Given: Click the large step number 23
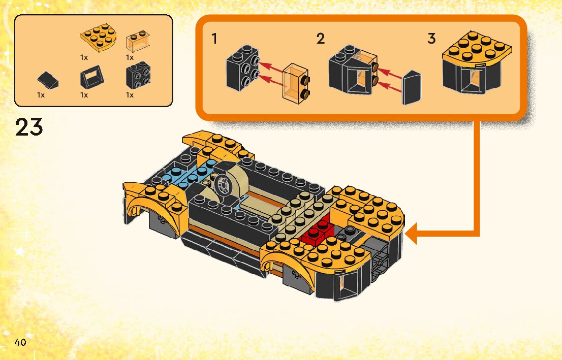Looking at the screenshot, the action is (x=29, y=127).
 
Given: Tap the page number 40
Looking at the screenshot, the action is (x=20, y=342).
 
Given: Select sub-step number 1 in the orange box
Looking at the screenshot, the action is (x=215, y=38).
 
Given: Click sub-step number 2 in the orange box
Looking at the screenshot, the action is (x=320, y=39).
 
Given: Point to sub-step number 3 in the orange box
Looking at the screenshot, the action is (x=431, y=39).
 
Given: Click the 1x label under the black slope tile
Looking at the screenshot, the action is (x=41, y=95).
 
